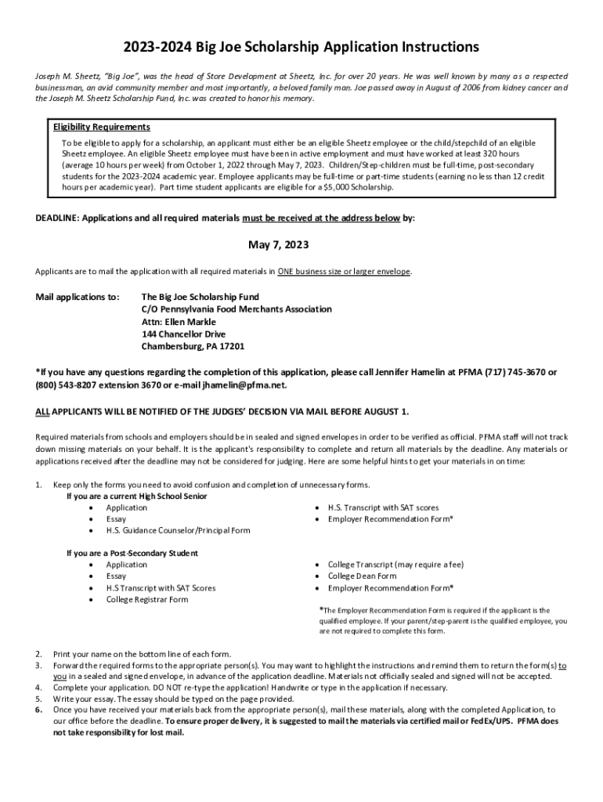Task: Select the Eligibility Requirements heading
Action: click(102, 127)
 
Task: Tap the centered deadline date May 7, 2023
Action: click(279, 245)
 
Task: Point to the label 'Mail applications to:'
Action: click(78, 298)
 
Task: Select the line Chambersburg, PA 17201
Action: click(193, 346)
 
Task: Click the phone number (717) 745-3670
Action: click(509, 372)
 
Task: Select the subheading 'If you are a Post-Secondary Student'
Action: click(132, 553)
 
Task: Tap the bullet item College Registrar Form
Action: click(147, 599)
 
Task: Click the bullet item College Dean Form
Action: click(362, 576)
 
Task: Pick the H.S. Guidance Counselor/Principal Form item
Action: click(179, 530)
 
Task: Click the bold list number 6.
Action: click(38, 710)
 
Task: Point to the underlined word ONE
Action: click(287, 272)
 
